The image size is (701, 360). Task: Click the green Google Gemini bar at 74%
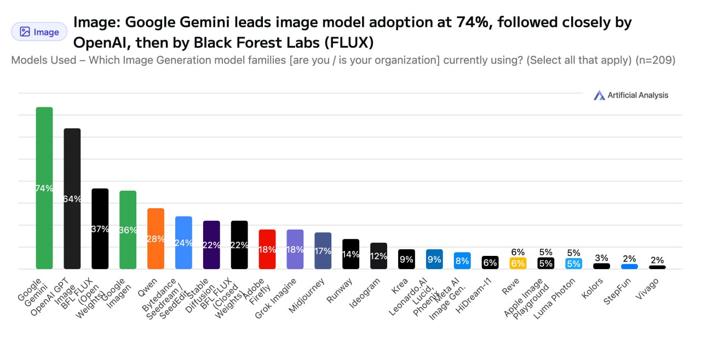[44, 164]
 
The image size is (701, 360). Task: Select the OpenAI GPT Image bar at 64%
[72, 175]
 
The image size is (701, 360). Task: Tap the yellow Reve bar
[518, 263]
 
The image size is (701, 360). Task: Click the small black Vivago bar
[657, 267]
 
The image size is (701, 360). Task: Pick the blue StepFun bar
[629, 266]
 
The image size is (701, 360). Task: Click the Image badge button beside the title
[39, 32]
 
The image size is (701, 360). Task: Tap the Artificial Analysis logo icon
[599, 95]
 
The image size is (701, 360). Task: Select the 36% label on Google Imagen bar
[128, 230]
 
